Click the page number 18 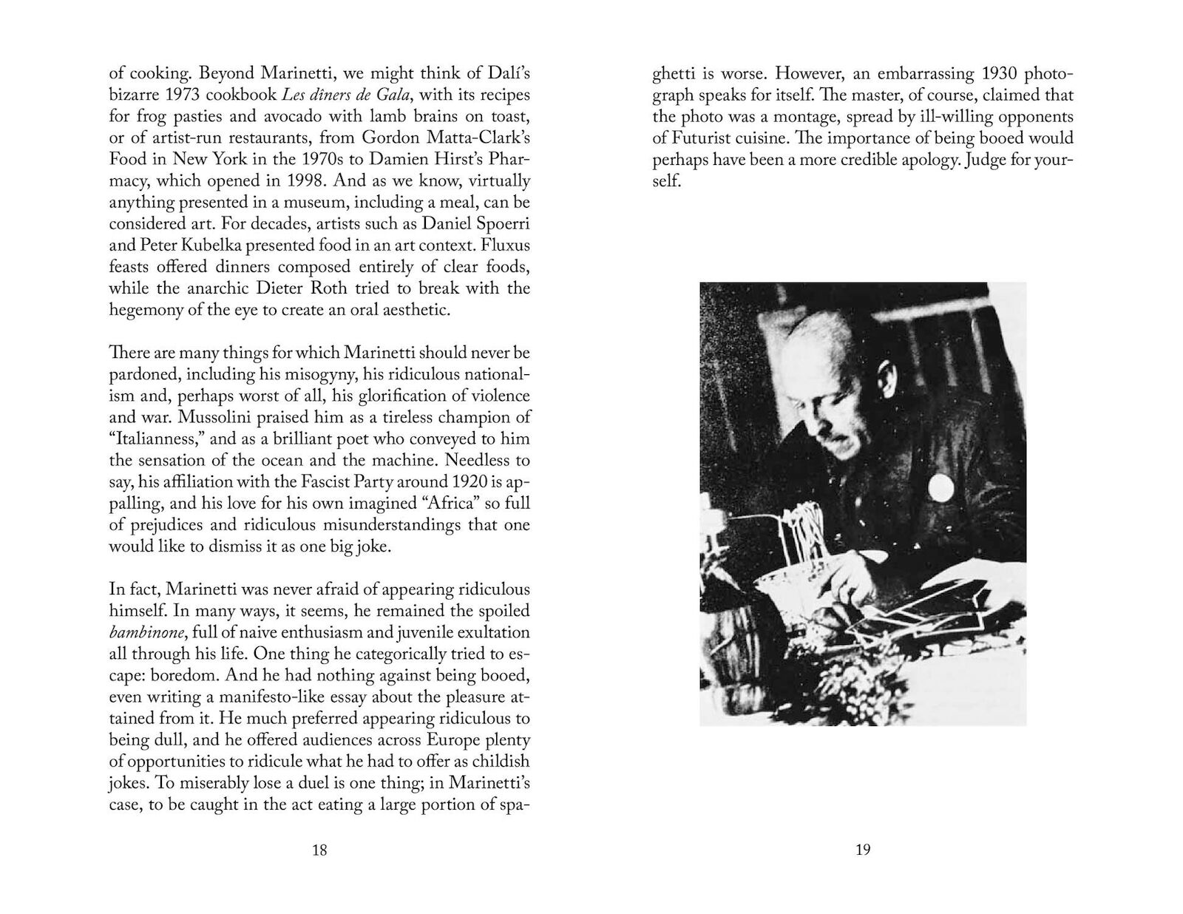(x=319, y=850)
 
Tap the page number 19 (x=863, y=850)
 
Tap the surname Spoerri (x=504, y=224)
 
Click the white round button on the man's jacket (x=940, y=487)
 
